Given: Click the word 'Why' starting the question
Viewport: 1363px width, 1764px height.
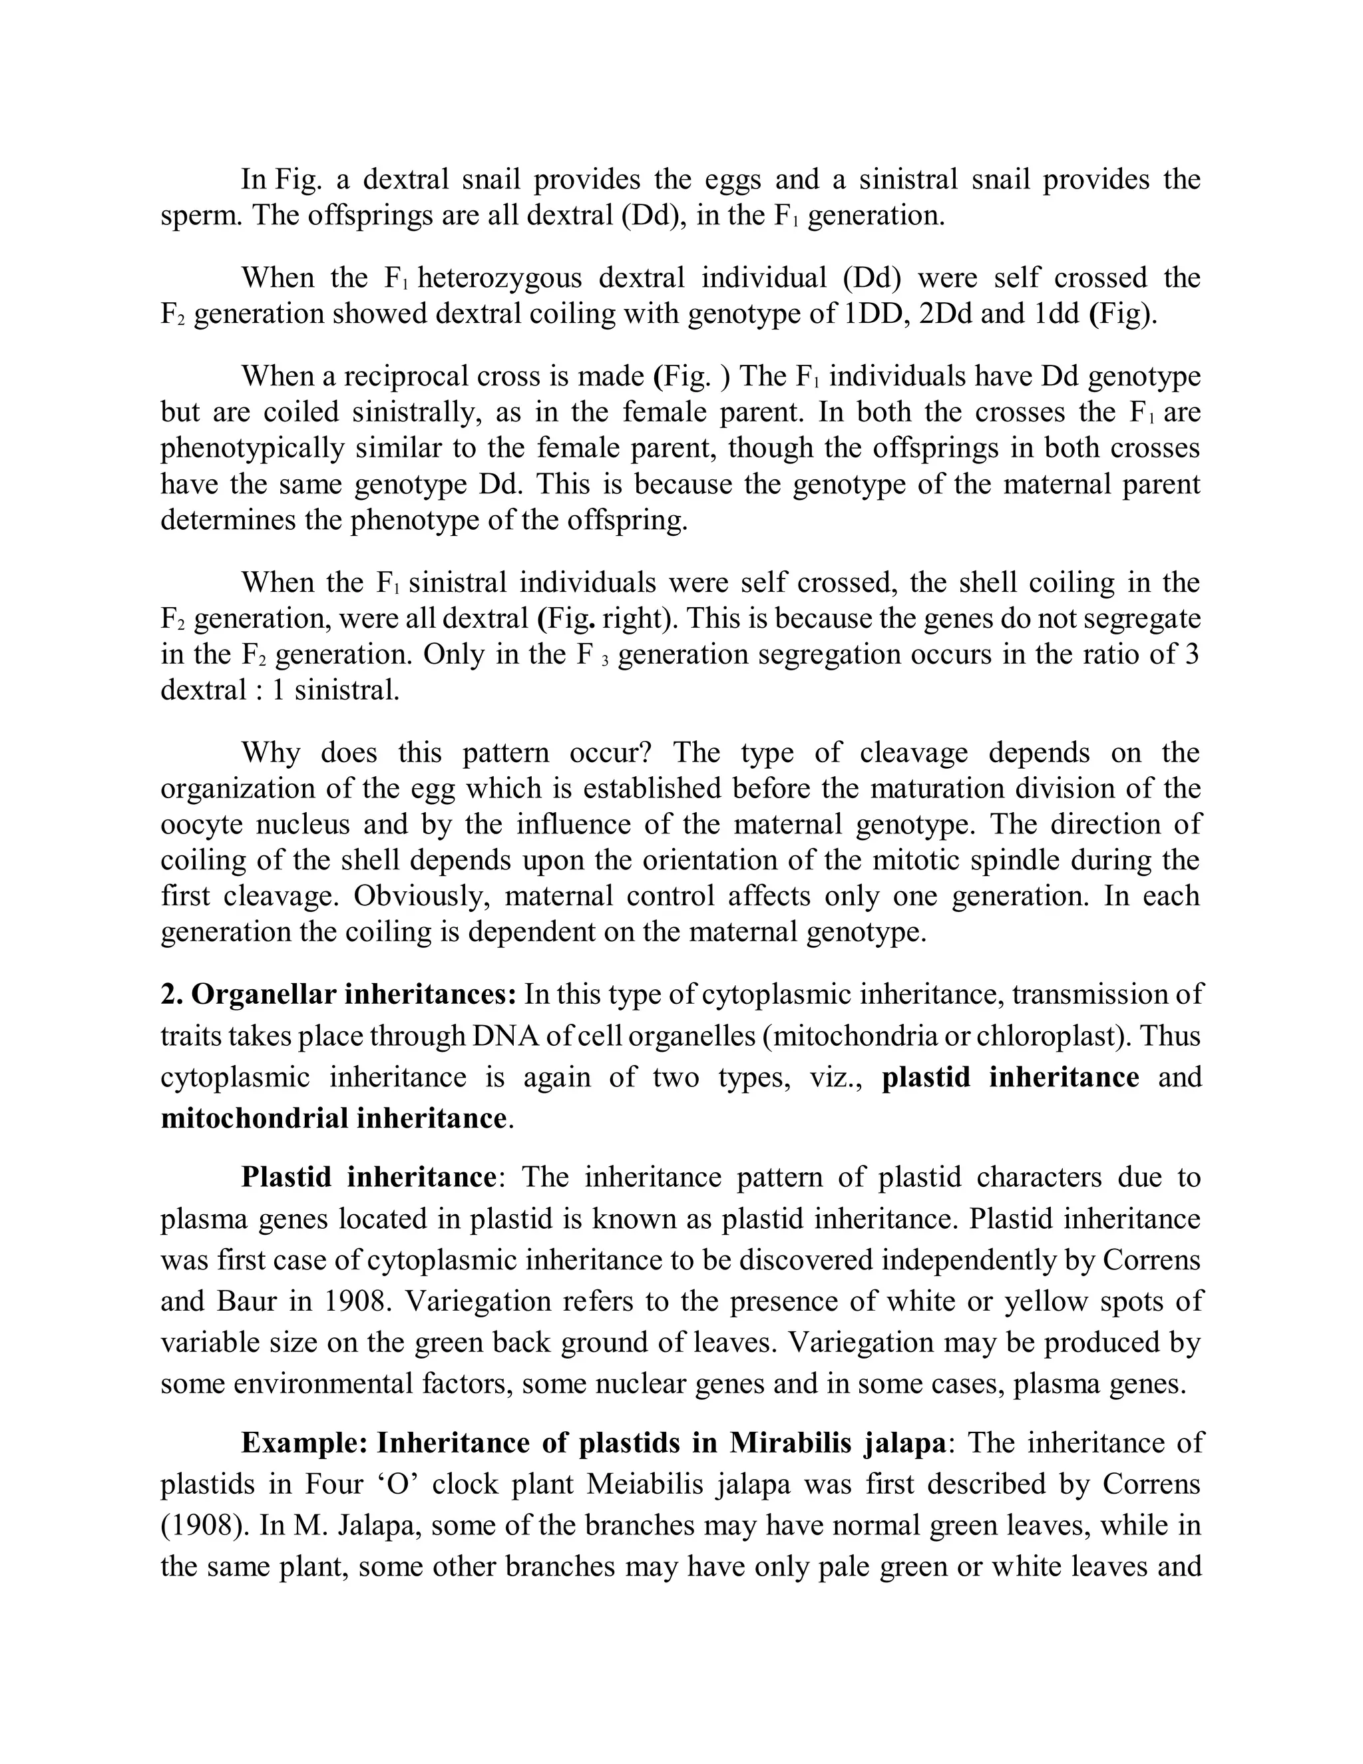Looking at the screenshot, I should tap(270, 753).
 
